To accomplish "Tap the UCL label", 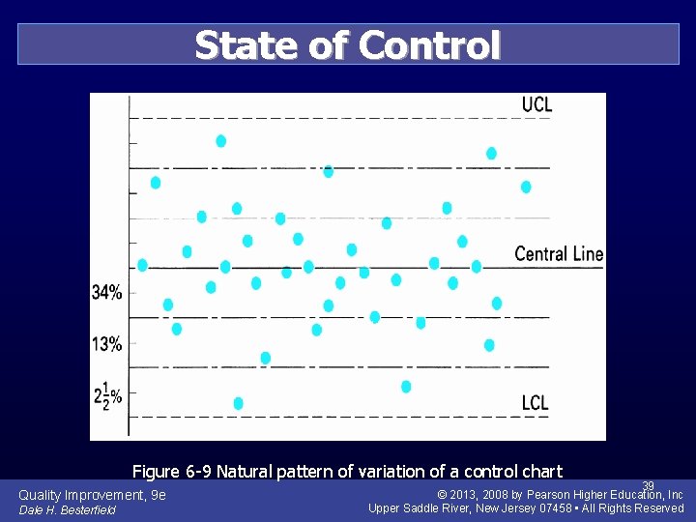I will click(536, 104).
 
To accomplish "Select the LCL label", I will click(535, 402).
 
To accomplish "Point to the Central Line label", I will click(559, 254).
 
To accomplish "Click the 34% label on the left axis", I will click(107, 293).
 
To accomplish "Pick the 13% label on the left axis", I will click(107, 344).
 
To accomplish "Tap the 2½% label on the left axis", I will click(107, 394).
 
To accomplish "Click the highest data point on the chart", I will click(221, 141).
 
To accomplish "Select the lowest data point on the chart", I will click(239, 403).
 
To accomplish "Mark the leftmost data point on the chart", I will click(143, 265).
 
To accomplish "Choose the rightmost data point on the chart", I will click(526, 187).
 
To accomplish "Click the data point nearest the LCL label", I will click(406, 387).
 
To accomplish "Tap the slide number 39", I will click(649, 485).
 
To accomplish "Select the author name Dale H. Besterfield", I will click(67, 510).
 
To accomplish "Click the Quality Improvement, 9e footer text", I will click(92, 495).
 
